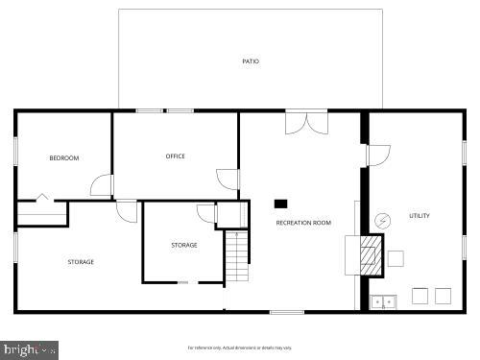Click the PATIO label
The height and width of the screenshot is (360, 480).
(251, 61)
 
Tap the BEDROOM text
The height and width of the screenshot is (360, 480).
(64, 157)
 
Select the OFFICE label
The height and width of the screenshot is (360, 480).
(175, 156)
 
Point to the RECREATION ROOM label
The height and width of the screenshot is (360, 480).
(303, 223)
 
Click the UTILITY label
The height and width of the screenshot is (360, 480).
(420, 216)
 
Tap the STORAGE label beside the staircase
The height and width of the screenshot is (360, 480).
(184, 245)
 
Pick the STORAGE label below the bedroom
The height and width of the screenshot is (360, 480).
(81, 261)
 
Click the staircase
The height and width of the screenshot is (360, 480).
(237, 256)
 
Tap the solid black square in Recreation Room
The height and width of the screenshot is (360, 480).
(281, 204)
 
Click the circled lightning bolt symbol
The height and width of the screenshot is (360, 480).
(382, 220)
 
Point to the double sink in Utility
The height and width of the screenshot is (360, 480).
(384, 301)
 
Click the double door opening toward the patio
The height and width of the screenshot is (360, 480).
(306, 122)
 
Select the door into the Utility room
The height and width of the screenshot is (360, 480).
(378, 155)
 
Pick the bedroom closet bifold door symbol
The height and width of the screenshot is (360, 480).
(40, 199)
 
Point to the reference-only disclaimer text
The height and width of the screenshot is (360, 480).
(240, 347)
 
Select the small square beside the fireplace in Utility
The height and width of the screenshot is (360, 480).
(396, 257)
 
